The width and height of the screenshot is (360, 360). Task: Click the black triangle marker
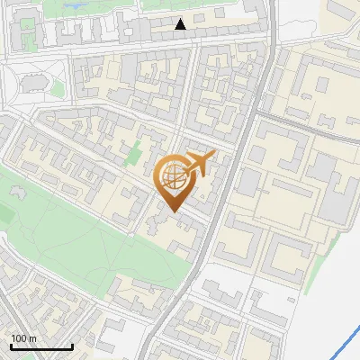tap(181, 24)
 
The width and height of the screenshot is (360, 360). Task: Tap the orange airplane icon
tap(197, 165)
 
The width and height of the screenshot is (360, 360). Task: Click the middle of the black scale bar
tap(41, 346)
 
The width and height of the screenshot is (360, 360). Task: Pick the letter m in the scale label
tap(33, 337)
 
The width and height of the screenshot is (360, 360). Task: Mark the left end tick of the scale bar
tap(11, 346)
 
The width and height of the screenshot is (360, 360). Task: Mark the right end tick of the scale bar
tap(72, 346)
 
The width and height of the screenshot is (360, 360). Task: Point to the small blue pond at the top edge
tap(72, 4)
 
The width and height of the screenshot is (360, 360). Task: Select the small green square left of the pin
tap(134, 153)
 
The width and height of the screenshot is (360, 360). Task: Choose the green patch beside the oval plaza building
tap(56, 87)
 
